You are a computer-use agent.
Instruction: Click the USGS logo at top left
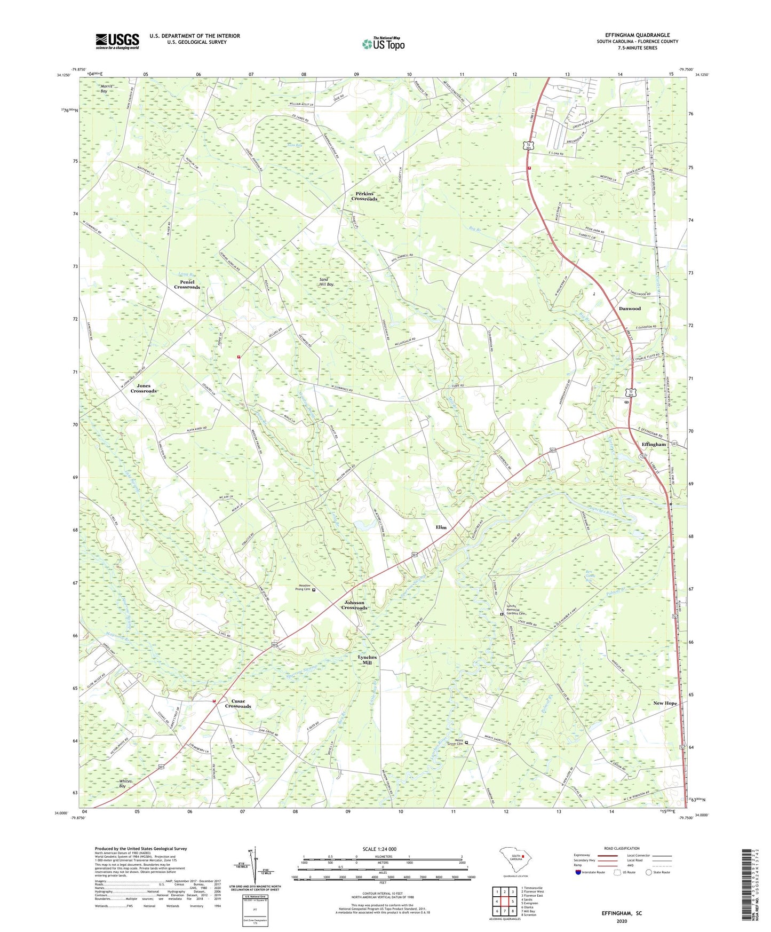pyautogui.click(x=117, y=41)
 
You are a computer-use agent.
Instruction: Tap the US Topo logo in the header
pyautogui.click(x=383, y=44)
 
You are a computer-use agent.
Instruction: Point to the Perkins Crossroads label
pyautogui.click(x=364, y=196)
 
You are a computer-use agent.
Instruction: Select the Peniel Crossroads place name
pyautogui.click(x=187, y=285)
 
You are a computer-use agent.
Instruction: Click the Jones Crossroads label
pyautogui.click(x=144, y=388)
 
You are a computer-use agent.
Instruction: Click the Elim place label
pyautogui.click(x=441, y=527)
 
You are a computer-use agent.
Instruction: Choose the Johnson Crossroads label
pyautogui.click(x=354, y=605)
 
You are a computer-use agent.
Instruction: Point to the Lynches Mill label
pyautogui.click(x=367, y=660)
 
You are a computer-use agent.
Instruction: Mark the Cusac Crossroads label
pyautogui.click(x=238, y=704)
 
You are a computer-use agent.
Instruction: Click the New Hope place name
pyautogui.click(x=665, y=703)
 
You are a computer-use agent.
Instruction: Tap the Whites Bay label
pyautogui.click(x=124, y=784)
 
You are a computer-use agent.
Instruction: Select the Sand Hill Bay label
pyautogui.click(x=327, y=282)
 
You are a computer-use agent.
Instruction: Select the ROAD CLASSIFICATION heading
pyautogui.click(x=622, y=849)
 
